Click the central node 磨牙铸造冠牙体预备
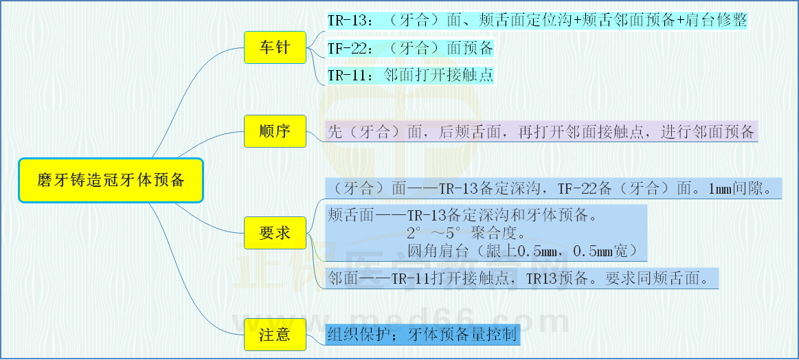(x=111, y=181)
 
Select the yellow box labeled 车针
(x=275, y=47)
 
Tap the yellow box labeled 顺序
(x=275, y=131)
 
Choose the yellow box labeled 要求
(x=275, y=232)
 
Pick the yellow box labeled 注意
(x=275, y=335)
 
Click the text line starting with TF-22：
(x=411, y=49)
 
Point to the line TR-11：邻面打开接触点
(x=411, y=76)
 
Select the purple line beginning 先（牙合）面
(x=541, y=131)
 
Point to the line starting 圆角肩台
(x=523, y=251)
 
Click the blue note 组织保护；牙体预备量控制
(x=423, y=335)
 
